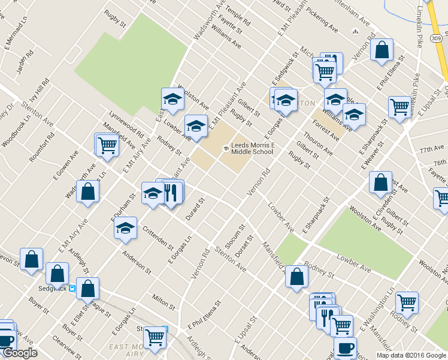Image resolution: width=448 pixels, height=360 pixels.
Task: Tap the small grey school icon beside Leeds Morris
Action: (226, 149)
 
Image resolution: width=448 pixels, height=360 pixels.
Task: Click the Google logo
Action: (20, 353)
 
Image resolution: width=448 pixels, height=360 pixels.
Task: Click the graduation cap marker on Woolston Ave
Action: (172, 100)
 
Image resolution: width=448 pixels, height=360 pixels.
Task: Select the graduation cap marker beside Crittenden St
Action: (125, 229)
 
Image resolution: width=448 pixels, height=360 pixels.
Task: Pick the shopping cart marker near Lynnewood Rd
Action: (107, 144)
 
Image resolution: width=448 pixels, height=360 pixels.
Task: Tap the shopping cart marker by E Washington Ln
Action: (407, 302)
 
